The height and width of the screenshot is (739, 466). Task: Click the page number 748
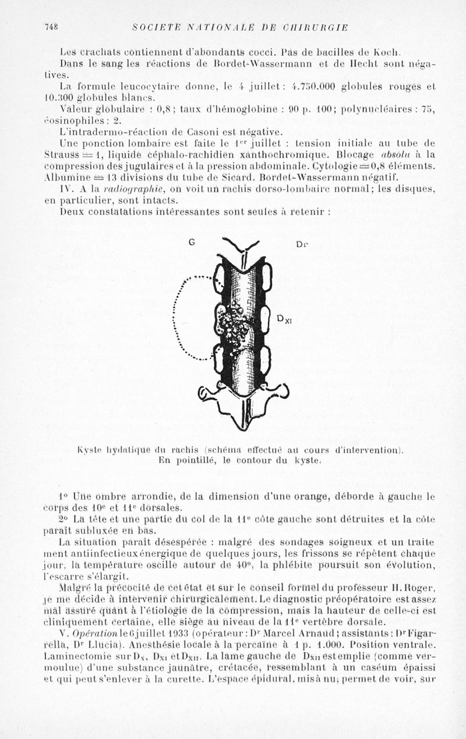click(52, 27)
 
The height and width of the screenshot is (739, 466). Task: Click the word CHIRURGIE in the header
click(317, 27)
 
